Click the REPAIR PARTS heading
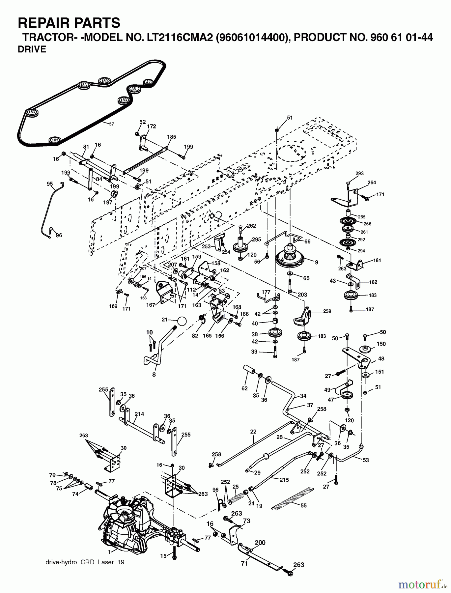point(69,23)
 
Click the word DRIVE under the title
point(32,49)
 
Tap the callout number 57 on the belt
point(111,124)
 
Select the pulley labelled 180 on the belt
point(104,81)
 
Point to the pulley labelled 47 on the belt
point(148,82)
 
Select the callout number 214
point(139,414)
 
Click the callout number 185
point(172,137)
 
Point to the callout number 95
point(50,184)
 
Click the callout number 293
point(359,173)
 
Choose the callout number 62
point(244,388)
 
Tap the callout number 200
point(260,543)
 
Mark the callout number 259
point(327,311)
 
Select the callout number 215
point(284,480)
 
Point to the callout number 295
point(257,240)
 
